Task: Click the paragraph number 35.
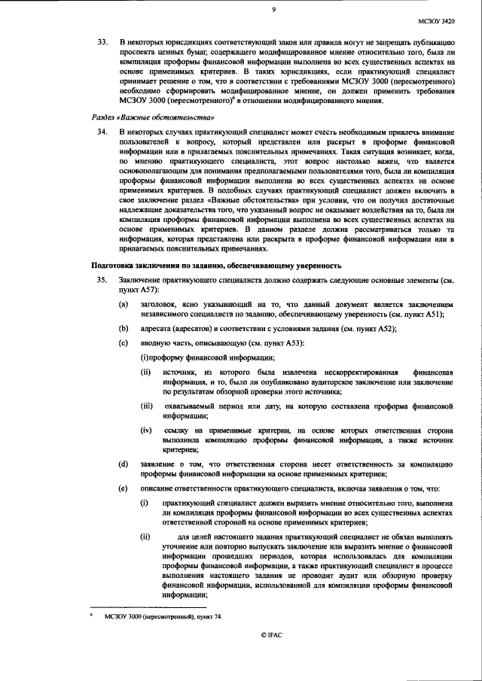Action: click(x=99, y=280)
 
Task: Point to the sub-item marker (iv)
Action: click(x=148, y=430)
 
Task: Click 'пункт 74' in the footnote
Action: click(x=208, y=616)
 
